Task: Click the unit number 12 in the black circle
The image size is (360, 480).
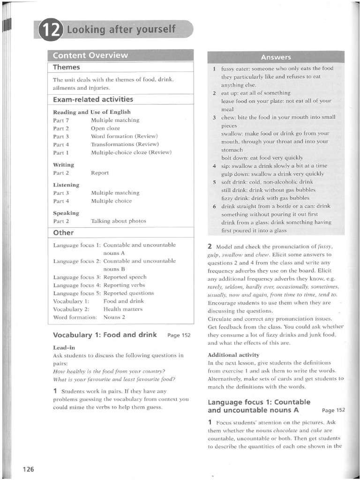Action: coord(52,30)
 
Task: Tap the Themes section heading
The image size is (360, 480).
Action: coord(67,67)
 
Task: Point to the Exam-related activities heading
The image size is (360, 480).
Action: coord(93,99)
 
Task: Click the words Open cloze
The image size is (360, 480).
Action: coord(105,128)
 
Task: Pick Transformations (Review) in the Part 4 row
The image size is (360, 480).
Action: coord(125,144)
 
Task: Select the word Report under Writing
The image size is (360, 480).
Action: coord(100,172)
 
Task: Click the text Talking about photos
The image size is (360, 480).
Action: coord(119,221)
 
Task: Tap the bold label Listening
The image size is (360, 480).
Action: coord(66,185)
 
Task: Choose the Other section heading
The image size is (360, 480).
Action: coord(63,232)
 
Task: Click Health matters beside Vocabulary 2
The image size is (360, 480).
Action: coord(123,309)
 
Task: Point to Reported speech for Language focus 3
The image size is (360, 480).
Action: coord(125,277)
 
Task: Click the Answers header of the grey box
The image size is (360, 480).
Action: coord(276,57)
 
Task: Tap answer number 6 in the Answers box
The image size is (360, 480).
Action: coord(214,206)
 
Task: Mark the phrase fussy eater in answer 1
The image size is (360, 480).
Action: coord(237,68)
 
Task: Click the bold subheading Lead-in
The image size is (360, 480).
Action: coord(64,347)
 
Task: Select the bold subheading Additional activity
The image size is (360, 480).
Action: coord(233,355)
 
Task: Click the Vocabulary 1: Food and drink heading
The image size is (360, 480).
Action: coord(105,335)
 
